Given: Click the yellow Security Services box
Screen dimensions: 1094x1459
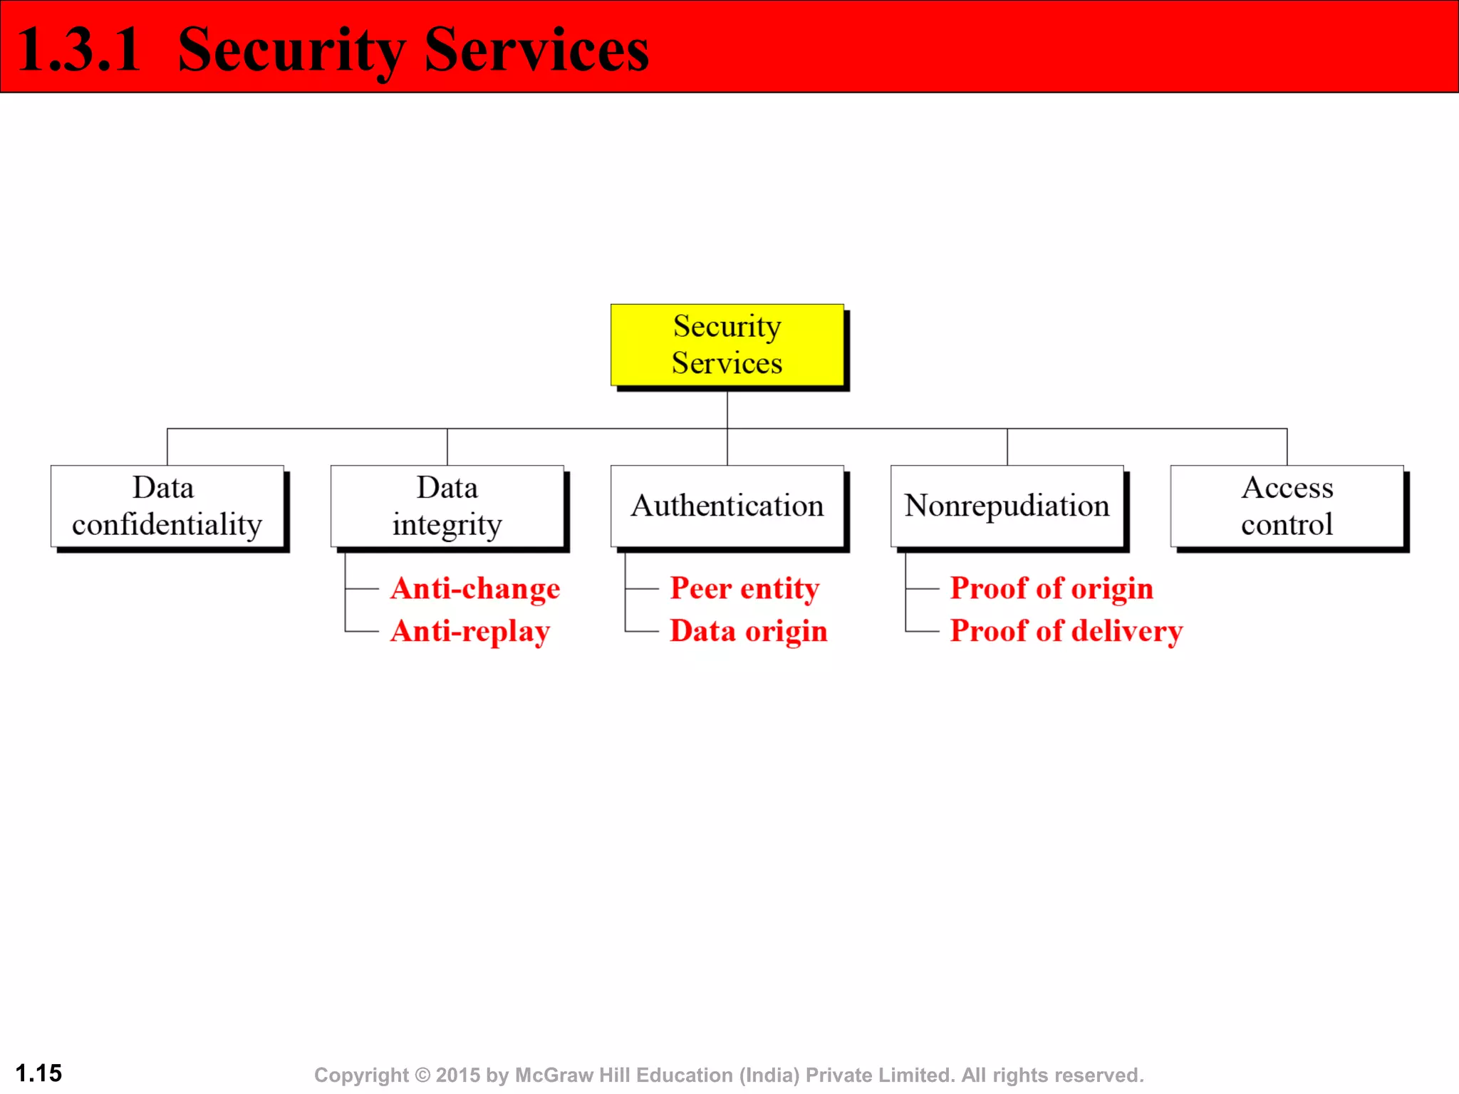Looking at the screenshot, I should (727, 345).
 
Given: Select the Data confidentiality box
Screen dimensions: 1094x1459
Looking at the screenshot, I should (167, 506).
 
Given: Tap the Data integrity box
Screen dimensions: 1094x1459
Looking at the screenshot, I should (447, 506).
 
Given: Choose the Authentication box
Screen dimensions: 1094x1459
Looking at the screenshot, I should (727, 506).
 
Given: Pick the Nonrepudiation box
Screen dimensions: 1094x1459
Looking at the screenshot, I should (1007, 506).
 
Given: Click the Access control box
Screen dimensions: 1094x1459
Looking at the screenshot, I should (1287, 506).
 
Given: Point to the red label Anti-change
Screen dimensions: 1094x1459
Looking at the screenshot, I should (475, 589).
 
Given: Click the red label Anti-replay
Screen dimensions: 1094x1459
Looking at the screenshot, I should (470, 632).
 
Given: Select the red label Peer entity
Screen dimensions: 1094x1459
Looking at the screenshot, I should (744, 589).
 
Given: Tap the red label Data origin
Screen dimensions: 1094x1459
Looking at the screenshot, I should (749, 632).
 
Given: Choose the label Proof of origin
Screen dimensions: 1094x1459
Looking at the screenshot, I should (1052, 589).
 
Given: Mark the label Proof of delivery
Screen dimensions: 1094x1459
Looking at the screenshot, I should (1066, 632).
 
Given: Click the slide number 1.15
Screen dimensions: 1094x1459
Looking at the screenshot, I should (38, 1073).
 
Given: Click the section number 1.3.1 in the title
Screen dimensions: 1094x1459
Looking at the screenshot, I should (78, 50).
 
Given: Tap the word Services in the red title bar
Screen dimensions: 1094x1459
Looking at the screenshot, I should (536, 50).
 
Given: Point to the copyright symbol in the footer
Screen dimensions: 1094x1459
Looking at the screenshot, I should (422, 1075).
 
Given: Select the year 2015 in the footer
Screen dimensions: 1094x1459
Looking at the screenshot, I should (458, 1075).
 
